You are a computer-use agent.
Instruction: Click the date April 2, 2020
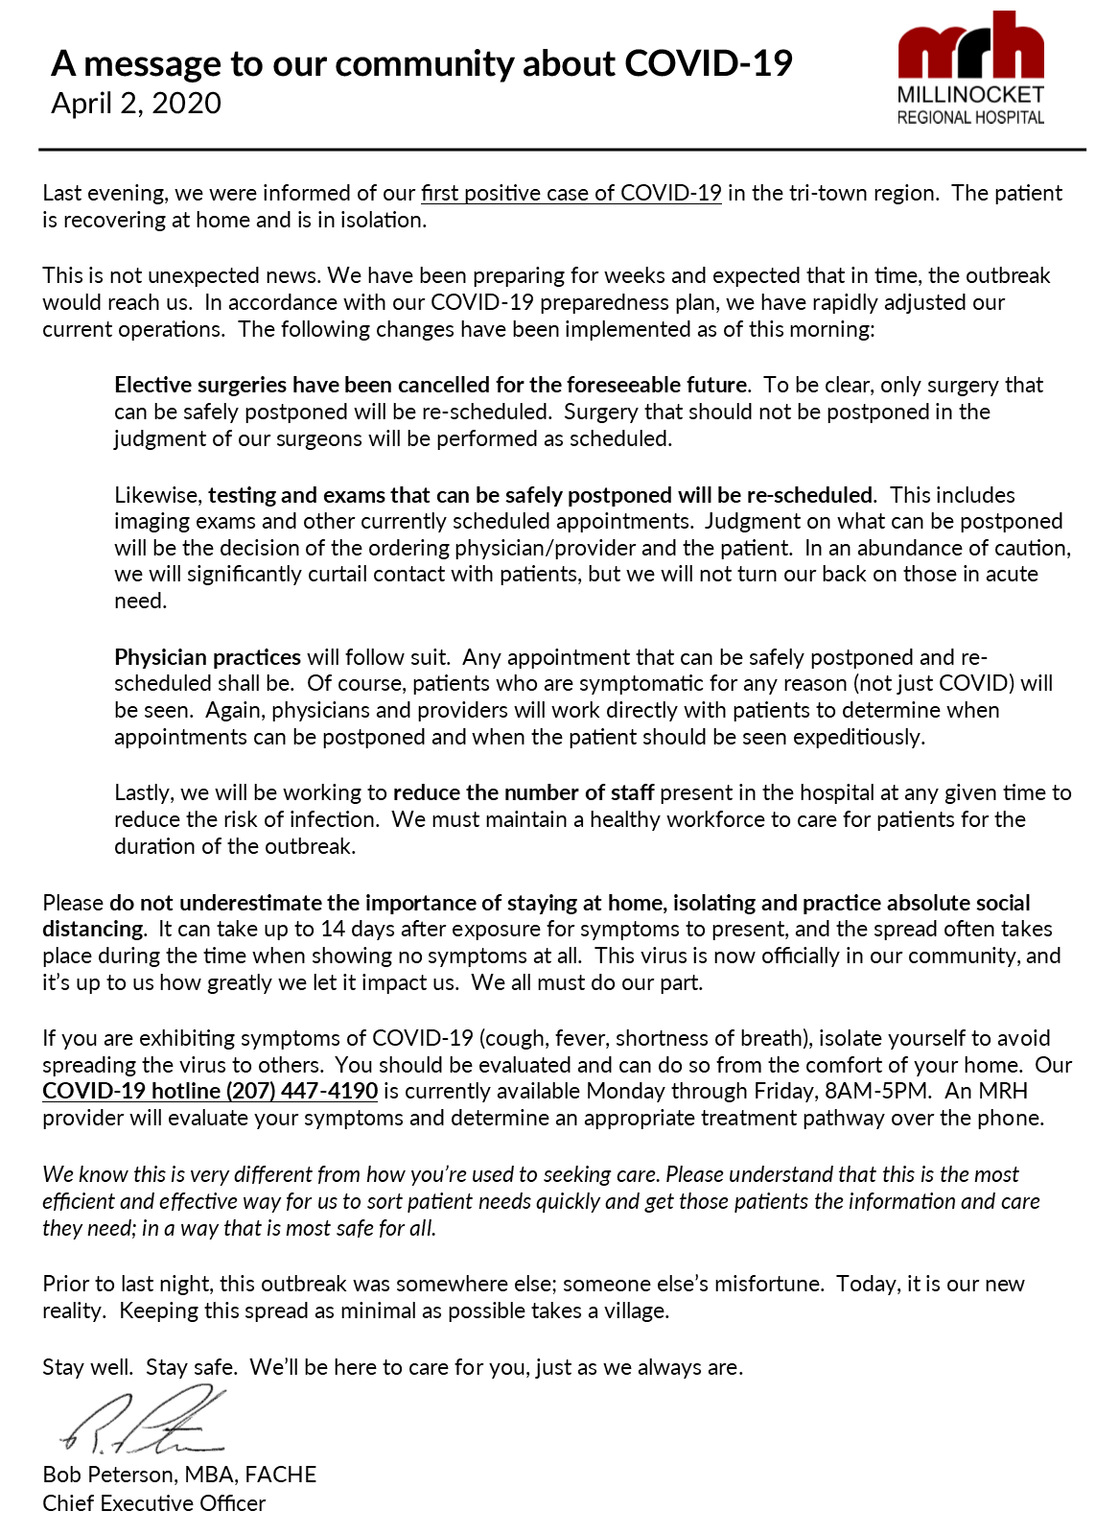click(136, 104)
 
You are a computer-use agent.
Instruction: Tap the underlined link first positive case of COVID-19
click(571, 193)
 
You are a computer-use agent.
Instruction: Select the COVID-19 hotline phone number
click(301, 1092)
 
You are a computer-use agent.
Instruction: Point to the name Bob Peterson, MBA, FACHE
click(179, 1475)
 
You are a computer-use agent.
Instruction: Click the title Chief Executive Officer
click(153, 1503)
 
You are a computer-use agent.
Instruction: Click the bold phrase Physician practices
click(207, 657)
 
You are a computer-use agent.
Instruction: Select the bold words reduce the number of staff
click(524, 792)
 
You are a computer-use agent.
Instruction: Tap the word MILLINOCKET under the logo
click(970, 95)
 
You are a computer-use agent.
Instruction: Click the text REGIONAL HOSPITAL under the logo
click(970, 118)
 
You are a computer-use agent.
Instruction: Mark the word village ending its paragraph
click(634, 1311)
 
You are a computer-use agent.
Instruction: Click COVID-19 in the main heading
click(709, 63)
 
